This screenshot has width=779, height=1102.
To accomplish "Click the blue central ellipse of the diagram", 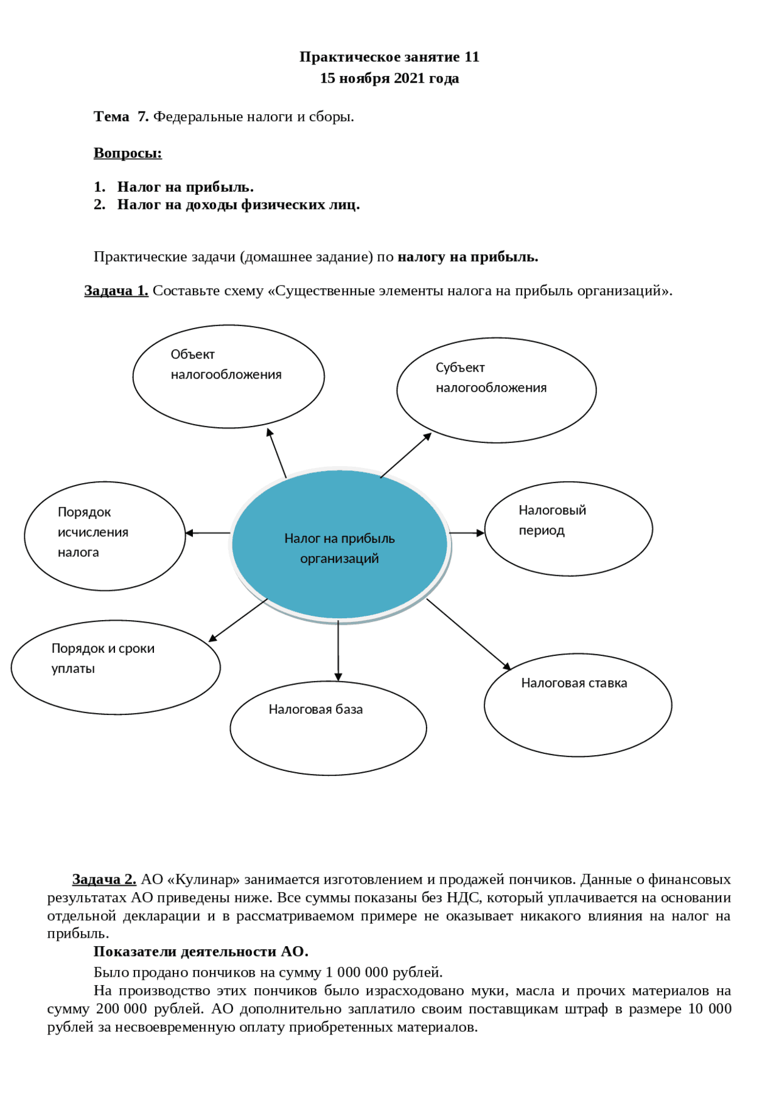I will click(340, 545).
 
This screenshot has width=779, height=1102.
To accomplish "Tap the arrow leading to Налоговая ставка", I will click(468, 633).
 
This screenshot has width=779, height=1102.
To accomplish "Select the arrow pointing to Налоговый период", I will click(467, 533).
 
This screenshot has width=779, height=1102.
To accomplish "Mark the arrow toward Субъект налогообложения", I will click(406, 455).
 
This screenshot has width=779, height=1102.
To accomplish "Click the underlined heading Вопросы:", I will click(128, 153).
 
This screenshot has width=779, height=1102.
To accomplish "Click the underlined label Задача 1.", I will click(116, 291).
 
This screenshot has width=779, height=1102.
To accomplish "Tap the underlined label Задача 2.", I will click(104, 879).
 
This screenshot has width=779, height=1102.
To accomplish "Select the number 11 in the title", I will click(472, 57).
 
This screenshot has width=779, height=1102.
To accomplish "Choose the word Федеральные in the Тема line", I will click(192, 117).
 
